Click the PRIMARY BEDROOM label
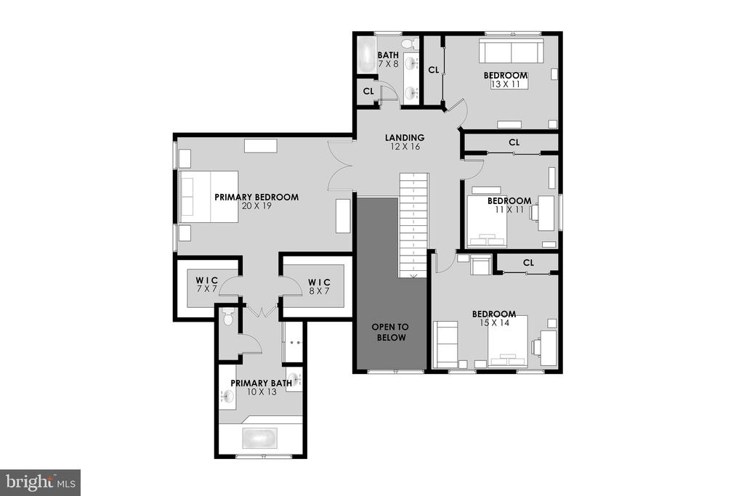256,197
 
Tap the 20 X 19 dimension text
256,206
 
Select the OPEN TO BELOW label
389,332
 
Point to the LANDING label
405,137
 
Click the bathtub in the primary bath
259,438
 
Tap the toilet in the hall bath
409,44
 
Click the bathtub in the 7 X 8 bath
366,56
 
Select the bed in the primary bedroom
209,196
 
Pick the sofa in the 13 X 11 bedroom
511,51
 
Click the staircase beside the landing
413,225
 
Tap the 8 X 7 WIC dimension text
319,291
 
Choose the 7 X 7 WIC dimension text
206,289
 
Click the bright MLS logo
41,483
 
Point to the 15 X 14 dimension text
494,323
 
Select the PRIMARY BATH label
261,383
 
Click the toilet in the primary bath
228,317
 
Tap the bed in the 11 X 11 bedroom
487,221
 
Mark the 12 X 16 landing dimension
405,147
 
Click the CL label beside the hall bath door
368,91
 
